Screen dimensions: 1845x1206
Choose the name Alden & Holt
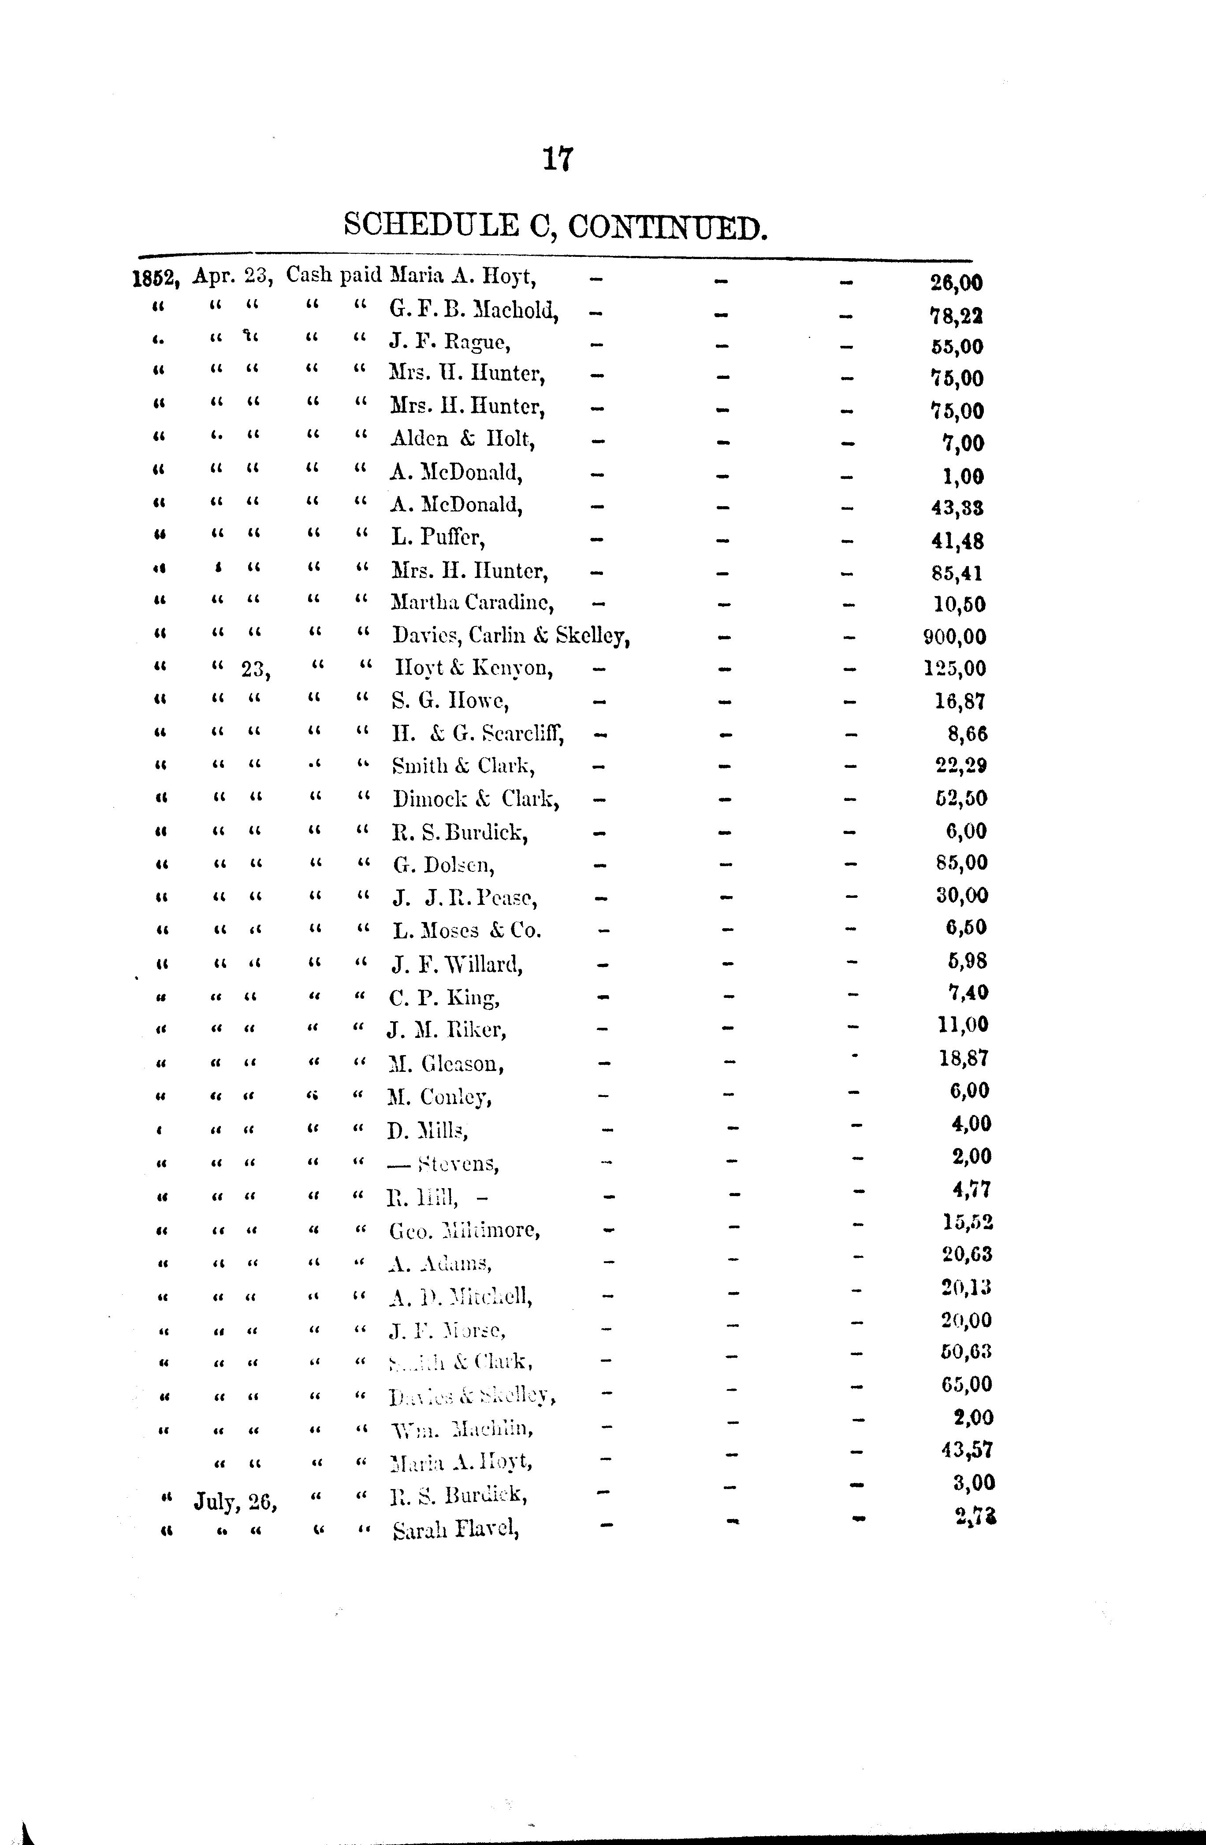click(462, 440)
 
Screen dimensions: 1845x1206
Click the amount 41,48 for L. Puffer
click(958, 541)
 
